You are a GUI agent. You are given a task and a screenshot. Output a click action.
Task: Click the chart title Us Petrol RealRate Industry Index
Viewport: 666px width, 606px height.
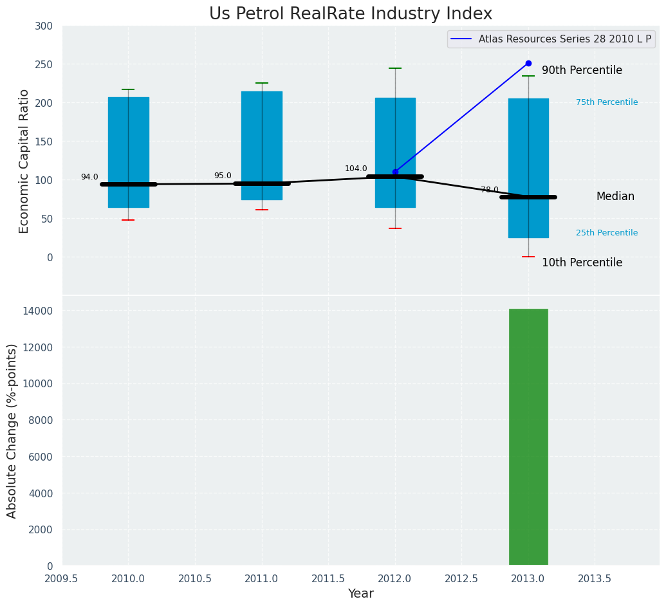[351, 14]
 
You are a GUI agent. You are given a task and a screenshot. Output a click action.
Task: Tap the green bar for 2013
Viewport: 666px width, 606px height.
[528, 437]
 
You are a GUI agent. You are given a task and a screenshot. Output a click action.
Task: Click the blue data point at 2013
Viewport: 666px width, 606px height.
[528, 64]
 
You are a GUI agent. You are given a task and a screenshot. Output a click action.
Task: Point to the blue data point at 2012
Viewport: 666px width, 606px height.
[395, 172]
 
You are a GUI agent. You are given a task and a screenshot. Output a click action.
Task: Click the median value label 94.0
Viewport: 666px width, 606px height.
[89, 177]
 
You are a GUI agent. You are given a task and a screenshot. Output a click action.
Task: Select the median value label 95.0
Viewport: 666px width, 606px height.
[223, 176]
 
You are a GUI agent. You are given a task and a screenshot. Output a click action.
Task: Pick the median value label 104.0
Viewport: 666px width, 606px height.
[356, 169]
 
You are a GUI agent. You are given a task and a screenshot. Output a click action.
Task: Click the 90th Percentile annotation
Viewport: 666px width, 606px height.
[582, 70]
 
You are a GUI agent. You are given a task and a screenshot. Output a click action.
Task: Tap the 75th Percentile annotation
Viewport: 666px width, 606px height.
[607, 102]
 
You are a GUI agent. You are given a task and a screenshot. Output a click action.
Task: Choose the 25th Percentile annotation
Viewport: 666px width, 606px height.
[607, 233]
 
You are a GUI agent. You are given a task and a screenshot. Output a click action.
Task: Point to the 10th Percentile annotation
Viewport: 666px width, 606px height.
[582, 262]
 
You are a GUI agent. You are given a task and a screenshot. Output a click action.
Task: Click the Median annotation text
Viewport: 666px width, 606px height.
[615, 196]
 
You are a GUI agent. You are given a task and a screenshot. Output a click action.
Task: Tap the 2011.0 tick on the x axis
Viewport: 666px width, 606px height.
[262, 579]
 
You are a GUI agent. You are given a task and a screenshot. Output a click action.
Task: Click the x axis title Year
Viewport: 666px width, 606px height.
[360, 594]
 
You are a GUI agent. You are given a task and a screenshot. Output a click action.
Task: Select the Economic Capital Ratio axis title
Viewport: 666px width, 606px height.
[24, 161]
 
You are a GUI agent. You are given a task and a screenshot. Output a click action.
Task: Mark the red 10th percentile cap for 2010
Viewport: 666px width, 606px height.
[128, 220]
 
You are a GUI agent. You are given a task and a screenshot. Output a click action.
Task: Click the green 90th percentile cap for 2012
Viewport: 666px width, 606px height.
[395, 68]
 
